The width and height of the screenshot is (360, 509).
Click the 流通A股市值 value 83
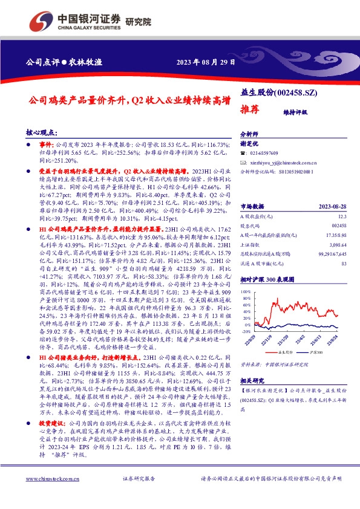coord(343,264)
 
